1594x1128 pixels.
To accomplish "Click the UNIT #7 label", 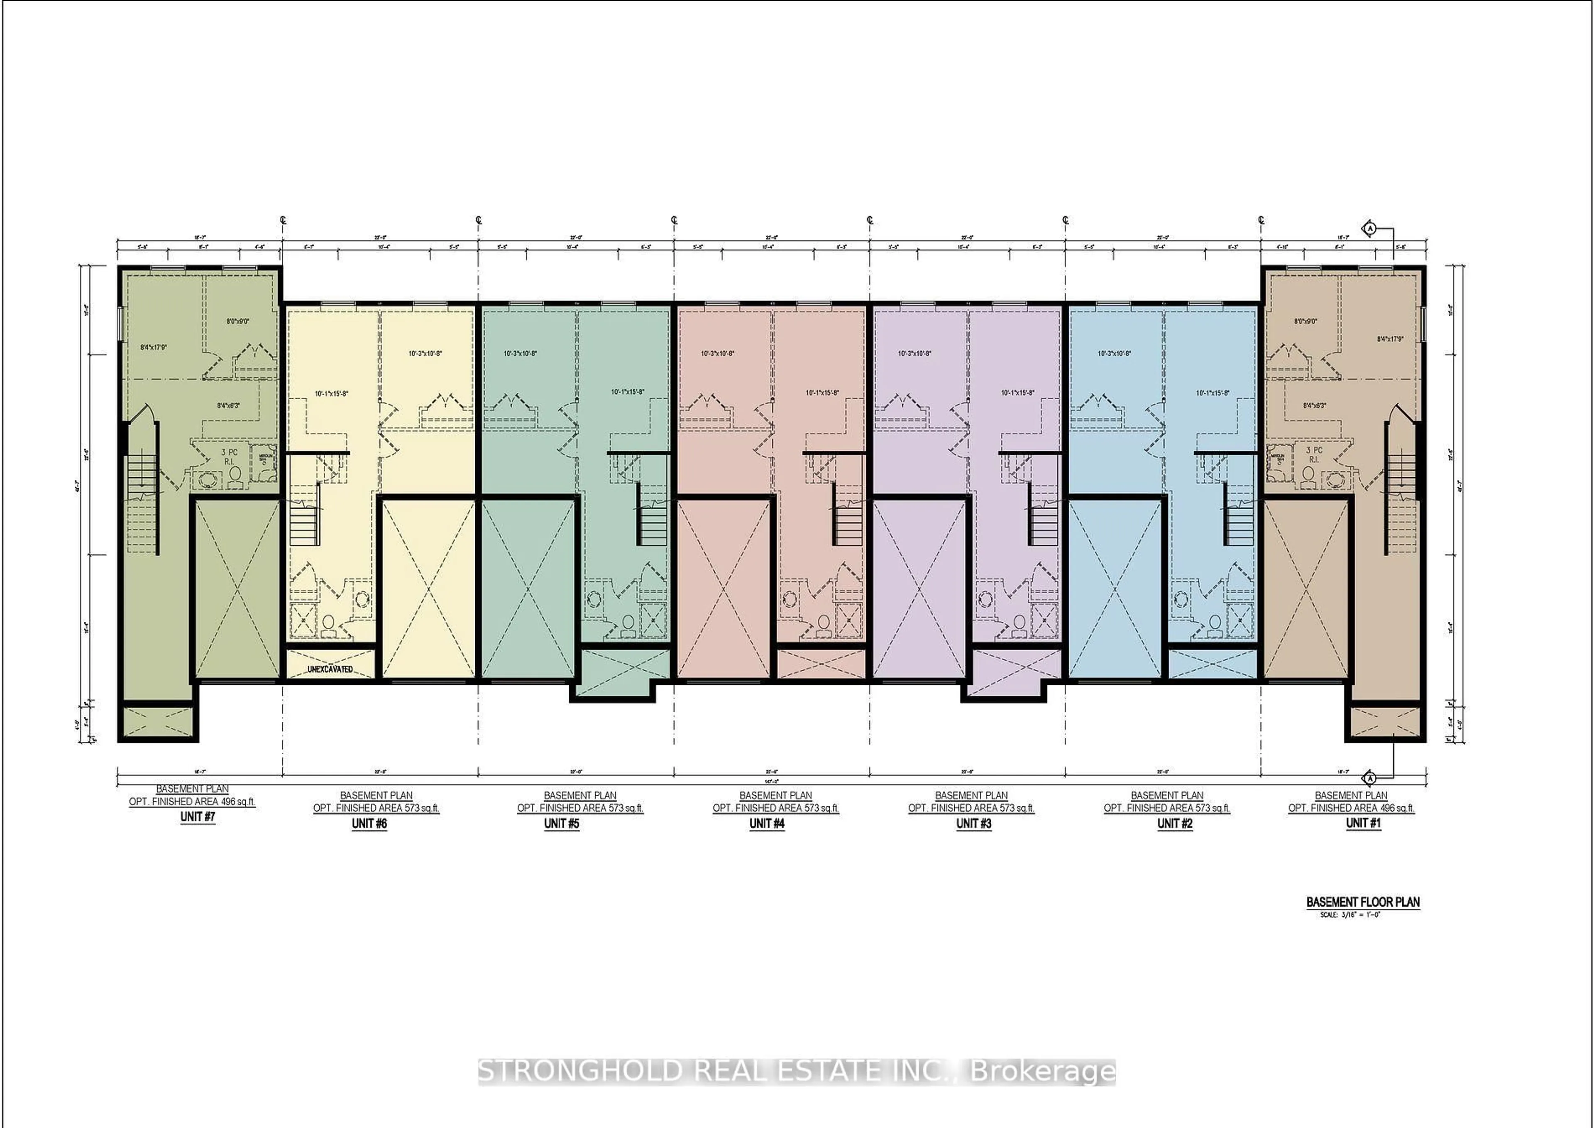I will click(198, 817).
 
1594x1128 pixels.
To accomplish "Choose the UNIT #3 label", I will click(973, 824).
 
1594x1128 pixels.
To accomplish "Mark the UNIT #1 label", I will click(1364, 823).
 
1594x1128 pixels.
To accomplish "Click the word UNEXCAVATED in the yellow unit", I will click(330, 669).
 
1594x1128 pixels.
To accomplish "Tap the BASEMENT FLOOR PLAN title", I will click(1363, 902).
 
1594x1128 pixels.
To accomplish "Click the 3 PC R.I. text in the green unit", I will click(229, 456).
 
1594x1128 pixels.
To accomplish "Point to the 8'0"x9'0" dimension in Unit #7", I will click(237, 321).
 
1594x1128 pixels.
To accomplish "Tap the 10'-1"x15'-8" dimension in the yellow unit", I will click(331, 394).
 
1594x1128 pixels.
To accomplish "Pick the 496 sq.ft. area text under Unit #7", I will click(238, 802).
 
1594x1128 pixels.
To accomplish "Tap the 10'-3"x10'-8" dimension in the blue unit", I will click(1114, 353).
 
